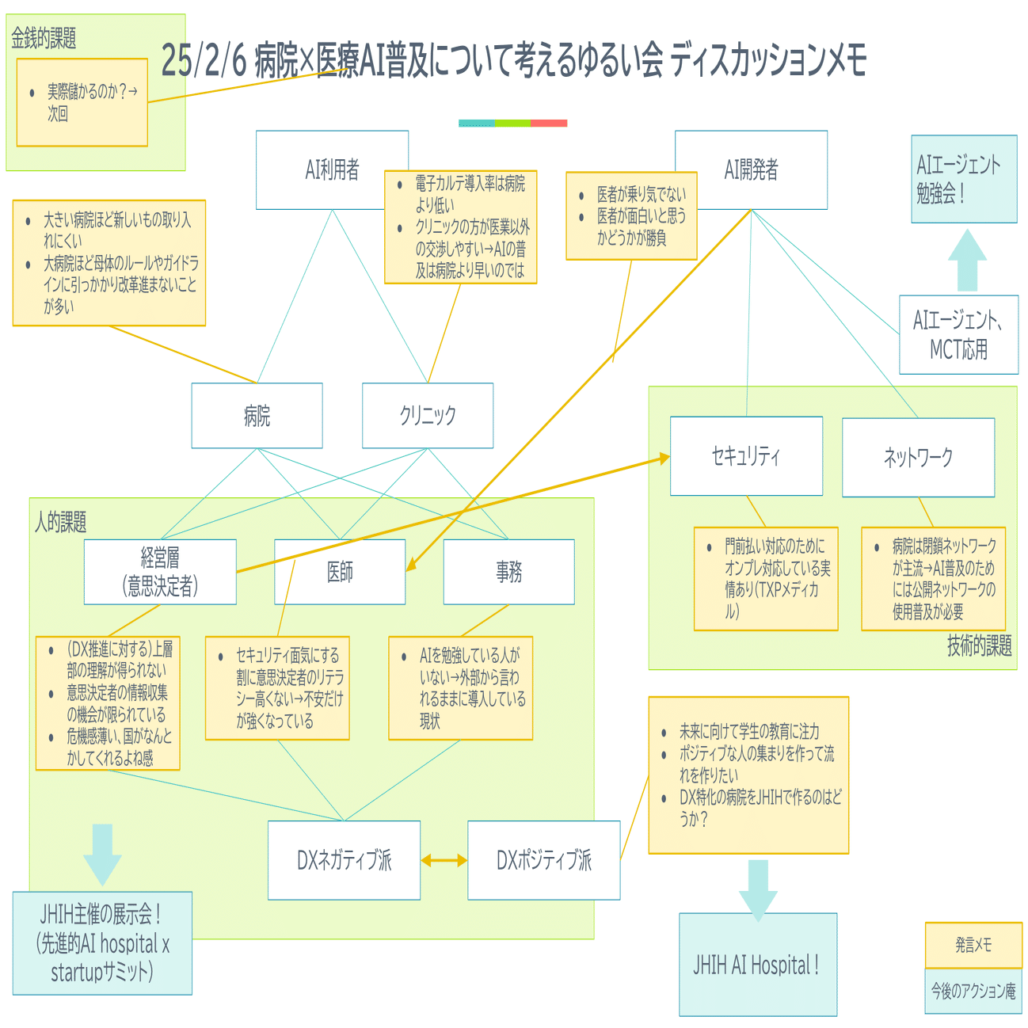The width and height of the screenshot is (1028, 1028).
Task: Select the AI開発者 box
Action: pyautogui.click(x=751, y=169)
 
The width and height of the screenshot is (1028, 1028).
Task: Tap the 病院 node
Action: pyautogui.click(x=257, y=415)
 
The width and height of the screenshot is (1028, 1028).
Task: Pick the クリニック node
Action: pyautogui.click(x=428, y=415)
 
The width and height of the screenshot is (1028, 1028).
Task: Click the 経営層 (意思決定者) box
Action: pyautogui.click(x=160, y=572)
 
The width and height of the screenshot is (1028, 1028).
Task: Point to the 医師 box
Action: pyautogui.click(x=340, y=572)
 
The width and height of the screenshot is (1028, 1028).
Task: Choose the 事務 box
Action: pyautogui.click(x=508, y=572)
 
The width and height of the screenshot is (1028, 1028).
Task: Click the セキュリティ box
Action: pyautogui.click(x=746, y=456)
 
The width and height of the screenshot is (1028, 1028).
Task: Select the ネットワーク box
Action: pyautogui.click(x=918, y=457)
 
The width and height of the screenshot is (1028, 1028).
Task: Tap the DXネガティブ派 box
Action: pyautogui.click(x=344, y=860)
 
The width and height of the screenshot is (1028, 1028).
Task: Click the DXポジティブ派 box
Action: pyautogui.click(x=543, y=860)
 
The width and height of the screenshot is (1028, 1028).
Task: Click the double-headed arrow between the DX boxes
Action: pyautogui.click(x=444, y=860)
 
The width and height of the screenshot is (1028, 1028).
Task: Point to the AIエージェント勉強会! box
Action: pyautogui.click(x=964, y=179)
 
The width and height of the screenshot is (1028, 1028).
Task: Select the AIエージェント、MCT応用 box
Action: pyautogui.click(x=958, y=334)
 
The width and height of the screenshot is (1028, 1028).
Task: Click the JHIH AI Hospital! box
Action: pyautogui.click(x=757, y=965)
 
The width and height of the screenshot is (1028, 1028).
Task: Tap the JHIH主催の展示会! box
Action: pyautogui.click(x=102, y=943)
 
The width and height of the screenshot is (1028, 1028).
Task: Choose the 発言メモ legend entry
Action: pyautogui.click(x=973, y=945)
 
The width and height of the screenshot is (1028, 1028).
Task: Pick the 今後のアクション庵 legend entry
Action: pyautogui.click(x=973, y=991)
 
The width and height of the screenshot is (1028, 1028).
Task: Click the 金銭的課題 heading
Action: pyautogui.click(x=44, y=37)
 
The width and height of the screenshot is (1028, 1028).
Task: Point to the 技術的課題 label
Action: pyautogui.click(x=979, y=646)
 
